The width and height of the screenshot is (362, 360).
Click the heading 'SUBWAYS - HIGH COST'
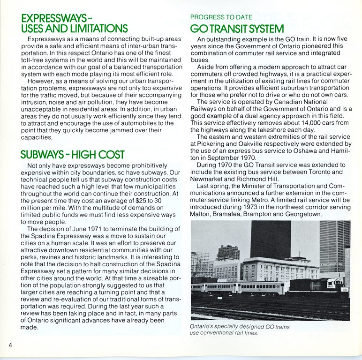(73, 155)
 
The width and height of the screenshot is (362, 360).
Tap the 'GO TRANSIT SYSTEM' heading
(237, 29)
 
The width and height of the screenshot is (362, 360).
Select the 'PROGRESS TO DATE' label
(221, 17)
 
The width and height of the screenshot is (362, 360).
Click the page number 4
(9, 345)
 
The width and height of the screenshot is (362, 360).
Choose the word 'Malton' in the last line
(201, 214)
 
